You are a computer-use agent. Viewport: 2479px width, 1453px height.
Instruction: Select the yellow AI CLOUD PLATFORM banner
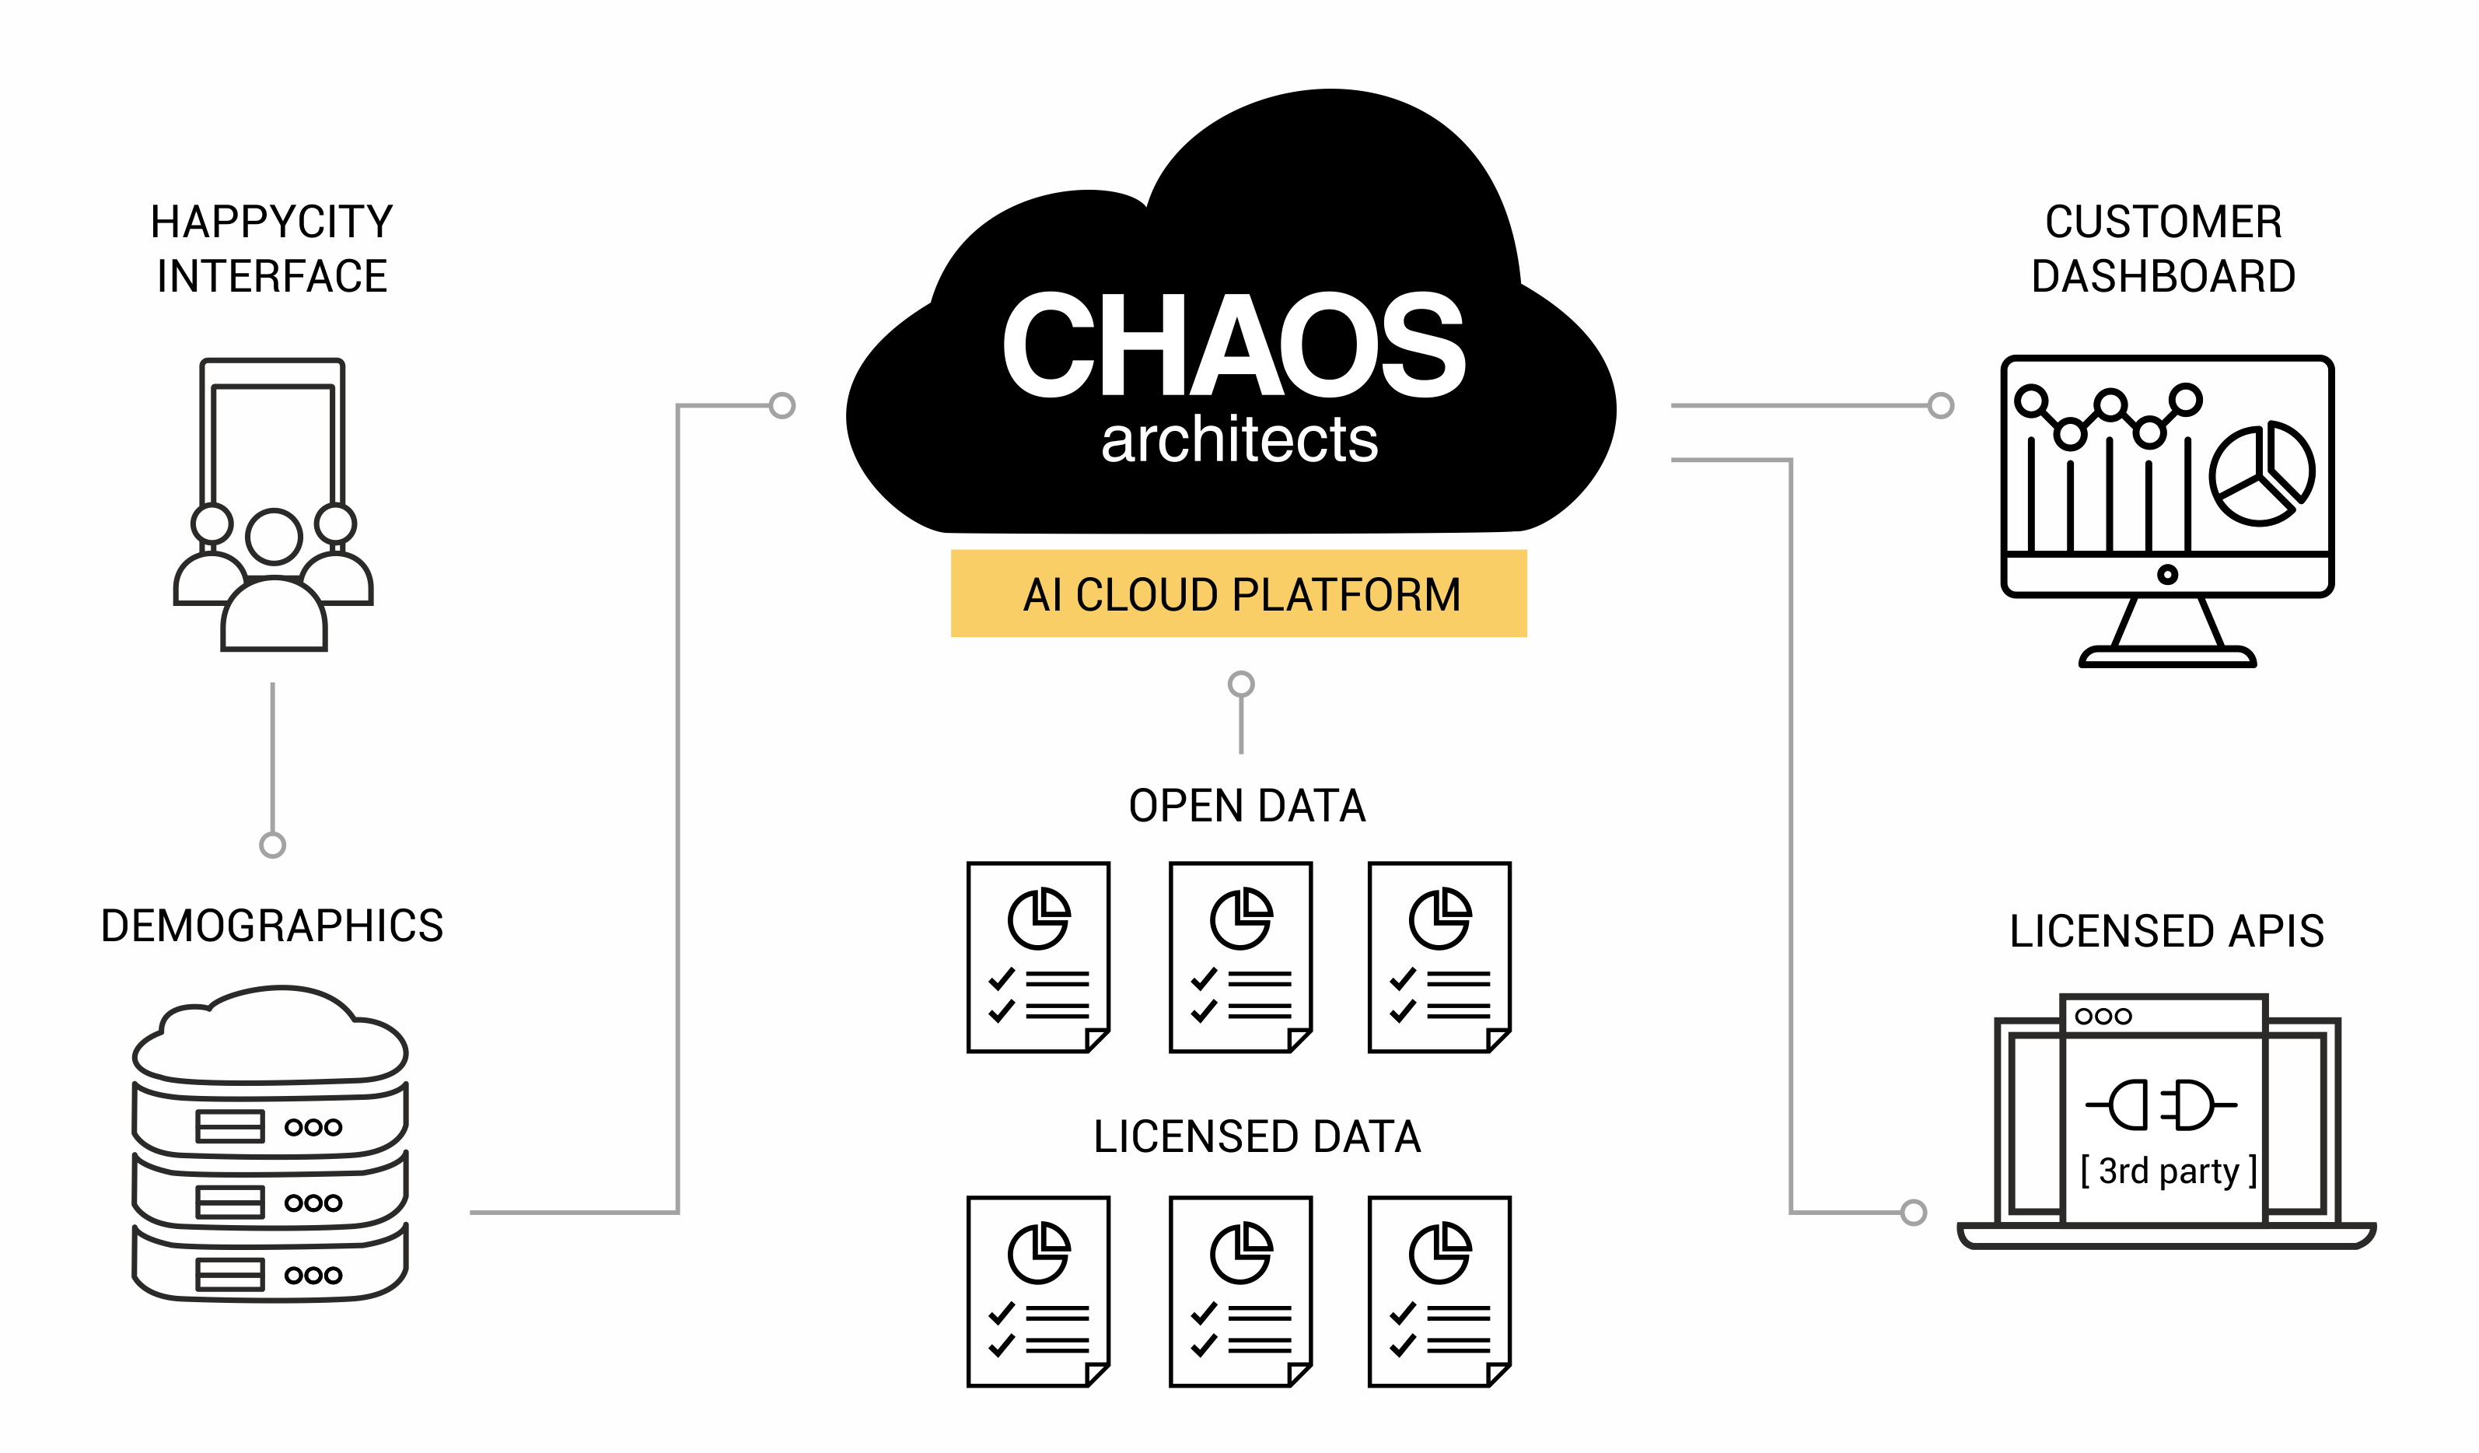pos(1239,593)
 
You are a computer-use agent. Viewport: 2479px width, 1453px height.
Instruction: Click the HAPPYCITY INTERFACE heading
pos(271,249)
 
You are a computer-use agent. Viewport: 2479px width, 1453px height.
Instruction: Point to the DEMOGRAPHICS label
pos(271,926)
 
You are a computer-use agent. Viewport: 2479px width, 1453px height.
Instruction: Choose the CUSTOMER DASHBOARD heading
pos(2163,249)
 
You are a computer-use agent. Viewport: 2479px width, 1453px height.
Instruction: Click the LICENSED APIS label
pos(2166,930)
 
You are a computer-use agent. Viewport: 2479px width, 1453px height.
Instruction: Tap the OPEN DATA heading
pos(1246,806)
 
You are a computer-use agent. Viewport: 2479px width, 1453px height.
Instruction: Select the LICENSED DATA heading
pos(1257,1136)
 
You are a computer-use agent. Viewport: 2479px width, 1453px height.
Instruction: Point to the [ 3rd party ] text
pos(2168,1171)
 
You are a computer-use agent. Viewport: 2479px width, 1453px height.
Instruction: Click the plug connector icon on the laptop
pos(2160,1105)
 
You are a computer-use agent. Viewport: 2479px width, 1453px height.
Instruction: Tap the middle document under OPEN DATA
pos(1240,958)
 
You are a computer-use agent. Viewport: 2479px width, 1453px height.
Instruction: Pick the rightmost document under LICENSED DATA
pos(1439,1292)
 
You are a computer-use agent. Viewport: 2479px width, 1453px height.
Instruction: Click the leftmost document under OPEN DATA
pos(1039,958)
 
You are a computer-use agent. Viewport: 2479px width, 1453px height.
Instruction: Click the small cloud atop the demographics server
pos(271,1035)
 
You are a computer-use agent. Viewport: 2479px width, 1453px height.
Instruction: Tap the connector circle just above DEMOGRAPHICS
pos(272,845)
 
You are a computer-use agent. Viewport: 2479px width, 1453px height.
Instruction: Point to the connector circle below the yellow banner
pos(1242,684)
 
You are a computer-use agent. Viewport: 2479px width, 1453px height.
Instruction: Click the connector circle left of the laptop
pos(1914,1212)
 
